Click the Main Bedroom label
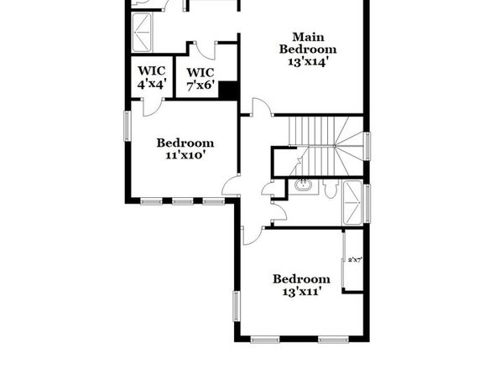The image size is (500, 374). click(308, 43)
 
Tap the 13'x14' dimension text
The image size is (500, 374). click(308, 61)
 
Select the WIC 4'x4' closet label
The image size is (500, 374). click(152, 77)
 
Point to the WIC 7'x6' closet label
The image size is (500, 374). click(200, 79)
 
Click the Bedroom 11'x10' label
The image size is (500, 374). click(185, 148)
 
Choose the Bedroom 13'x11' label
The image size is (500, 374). click(302, 285)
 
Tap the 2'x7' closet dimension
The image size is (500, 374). click(355, 260)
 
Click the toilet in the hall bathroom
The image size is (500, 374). click(331, 188)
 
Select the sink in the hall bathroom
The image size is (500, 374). click(303, 185)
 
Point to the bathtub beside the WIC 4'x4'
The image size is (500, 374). click(143, 32)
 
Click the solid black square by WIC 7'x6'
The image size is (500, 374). click(228, 90)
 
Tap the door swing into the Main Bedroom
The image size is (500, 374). click(262, 107)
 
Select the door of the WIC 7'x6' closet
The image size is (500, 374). click(206, 50)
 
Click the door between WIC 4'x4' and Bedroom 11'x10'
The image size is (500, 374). click(153, 107)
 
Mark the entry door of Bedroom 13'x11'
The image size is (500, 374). click(253, 236)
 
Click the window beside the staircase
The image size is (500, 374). click(367, 147)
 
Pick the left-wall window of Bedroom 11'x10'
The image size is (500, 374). click(128, 126)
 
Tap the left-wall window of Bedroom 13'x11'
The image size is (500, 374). click(237, 306)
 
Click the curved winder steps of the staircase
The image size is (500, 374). click(348, 146)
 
